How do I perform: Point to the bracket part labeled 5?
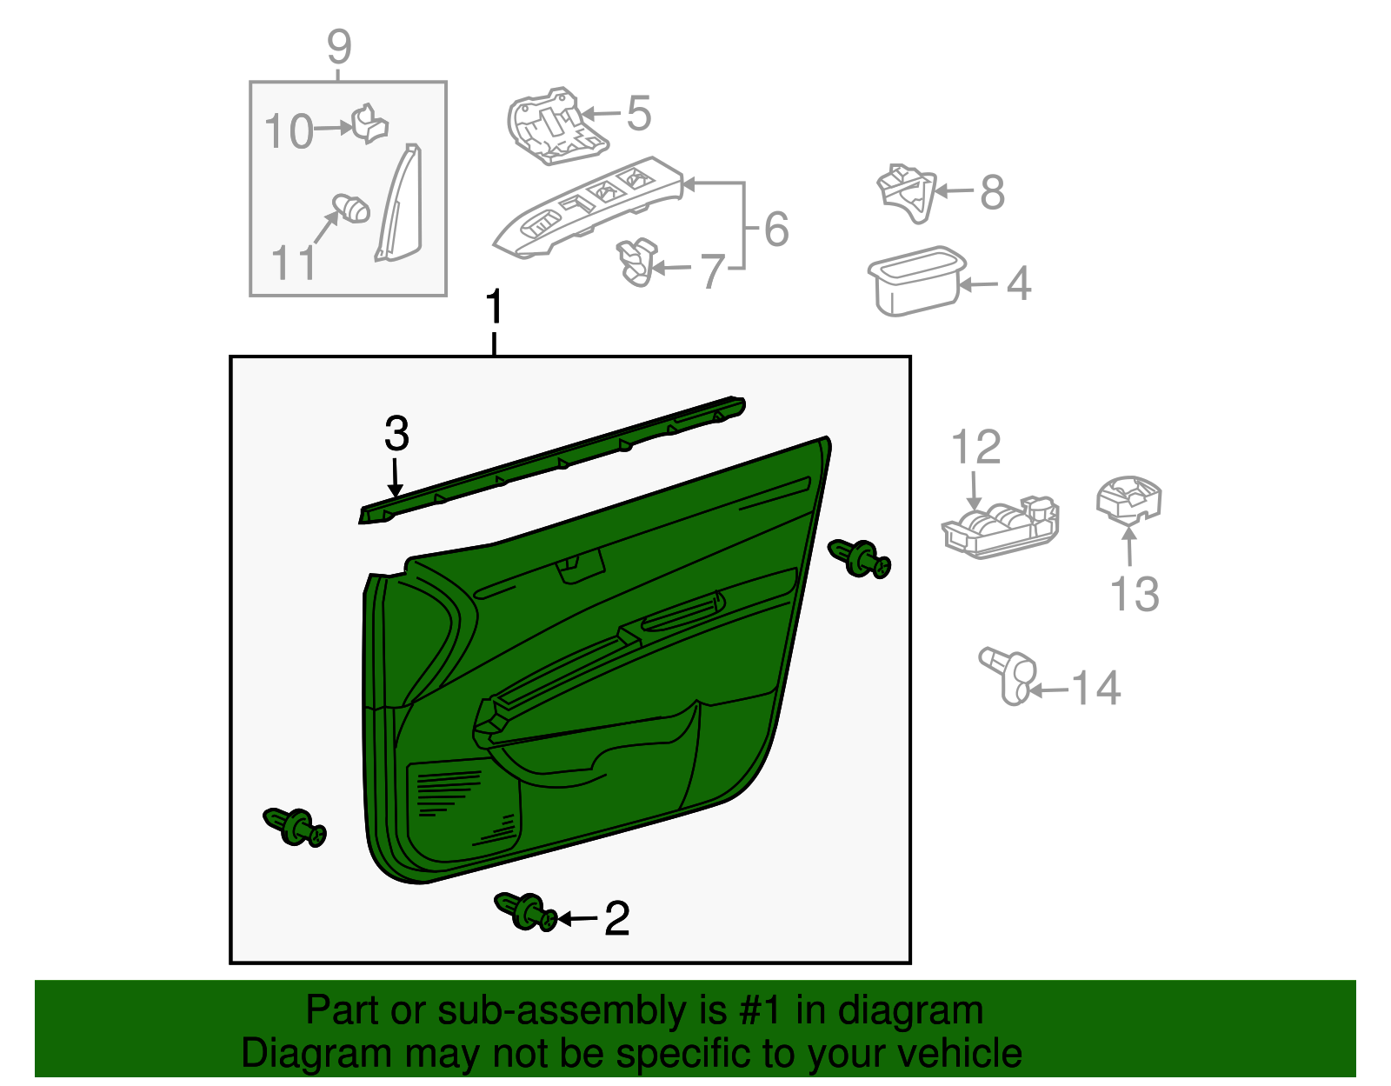pos(554,127)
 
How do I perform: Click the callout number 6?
pos(776,230)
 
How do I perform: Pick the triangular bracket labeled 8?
pos(906,190)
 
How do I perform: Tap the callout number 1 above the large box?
pos(494,308)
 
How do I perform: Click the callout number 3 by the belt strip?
pos(396,433)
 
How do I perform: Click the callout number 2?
pos(616,919)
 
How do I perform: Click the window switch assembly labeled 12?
pos(1001,527)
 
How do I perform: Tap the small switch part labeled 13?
pos(1128,501)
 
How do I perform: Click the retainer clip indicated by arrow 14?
pos(1009,675)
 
